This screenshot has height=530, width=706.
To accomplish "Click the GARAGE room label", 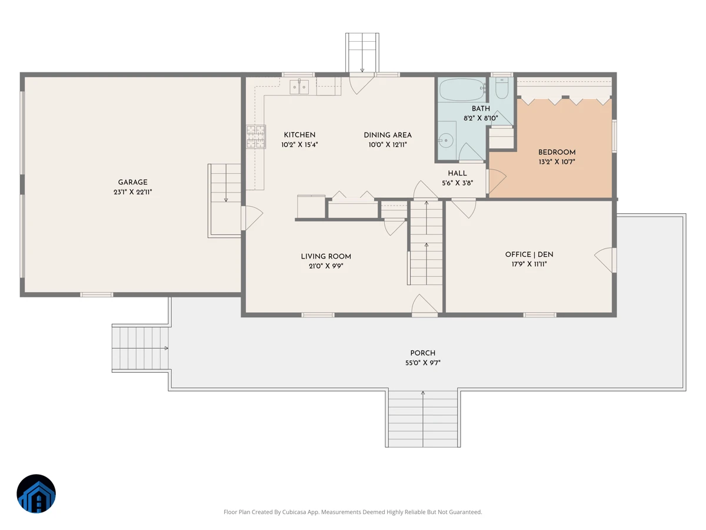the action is pos(132,182).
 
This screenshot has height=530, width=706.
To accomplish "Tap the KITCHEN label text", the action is pos(299,135).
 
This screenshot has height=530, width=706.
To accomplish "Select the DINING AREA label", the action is pos(388,135).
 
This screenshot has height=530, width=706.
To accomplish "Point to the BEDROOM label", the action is pos(557,152).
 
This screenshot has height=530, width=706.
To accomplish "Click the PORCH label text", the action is pos(422,353).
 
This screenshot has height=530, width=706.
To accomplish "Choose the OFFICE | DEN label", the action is pos(529,254).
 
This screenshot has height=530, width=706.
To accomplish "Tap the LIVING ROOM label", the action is pos(326,257).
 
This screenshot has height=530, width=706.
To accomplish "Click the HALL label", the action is pos(457,174).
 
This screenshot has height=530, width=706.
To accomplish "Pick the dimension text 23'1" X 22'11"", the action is pos(132,192).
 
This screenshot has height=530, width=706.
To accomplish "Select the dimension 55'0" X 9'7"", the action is pos(422,363).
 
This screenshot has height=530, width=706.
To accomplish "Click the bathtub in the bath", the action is pos(462,90).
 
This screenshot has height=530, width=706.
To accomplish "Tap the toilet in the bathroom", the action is pos(501,88).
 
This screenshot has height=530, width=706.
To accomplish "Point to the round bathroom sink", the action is pos(446,141).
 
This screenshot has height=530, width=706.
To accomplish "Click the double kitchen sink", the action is pos(299,87).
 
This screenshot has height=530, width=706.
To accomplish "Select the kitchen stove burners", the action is pos(256,137).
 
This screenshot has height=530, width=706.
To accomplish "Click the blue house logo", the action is pos(36,493).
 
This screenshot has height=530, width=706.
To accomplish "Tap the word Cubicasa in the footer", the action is pos(294,512).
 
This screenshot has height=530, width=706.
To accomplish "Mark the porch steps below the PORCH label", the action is pos(422,418).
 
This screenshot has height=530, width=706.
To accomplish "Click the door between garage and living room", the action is pos(252,218).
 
